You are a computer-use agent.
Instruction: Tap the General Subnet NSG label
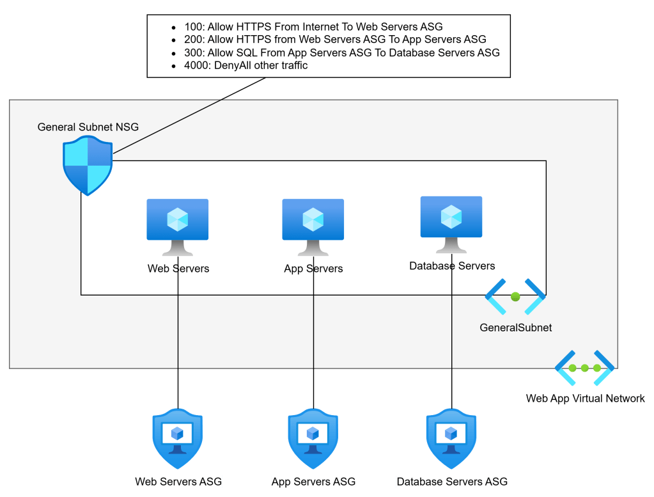[88, 127]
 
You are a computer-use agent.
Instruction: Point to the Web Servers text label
[178, 269]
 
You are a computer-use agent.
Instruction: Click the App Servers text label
[313, 269]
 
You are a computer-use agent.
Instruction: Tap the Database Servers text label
[452, 265]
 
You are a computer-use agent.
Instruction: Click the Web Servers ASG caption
[178, 482]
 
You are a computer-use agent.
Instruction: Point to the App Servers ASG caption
[313, 482]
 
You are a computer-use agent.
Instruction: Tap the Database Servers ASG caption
[452, 482]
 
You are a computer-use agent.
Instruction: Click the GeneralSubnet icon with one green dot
[515, 297]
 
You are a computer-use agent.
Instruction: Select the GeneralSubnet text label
[515, 327]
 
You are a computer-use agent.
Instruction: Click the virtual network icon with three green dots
[585, 368]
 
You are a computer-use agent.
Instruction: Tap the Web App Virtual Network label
[585, 398]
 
